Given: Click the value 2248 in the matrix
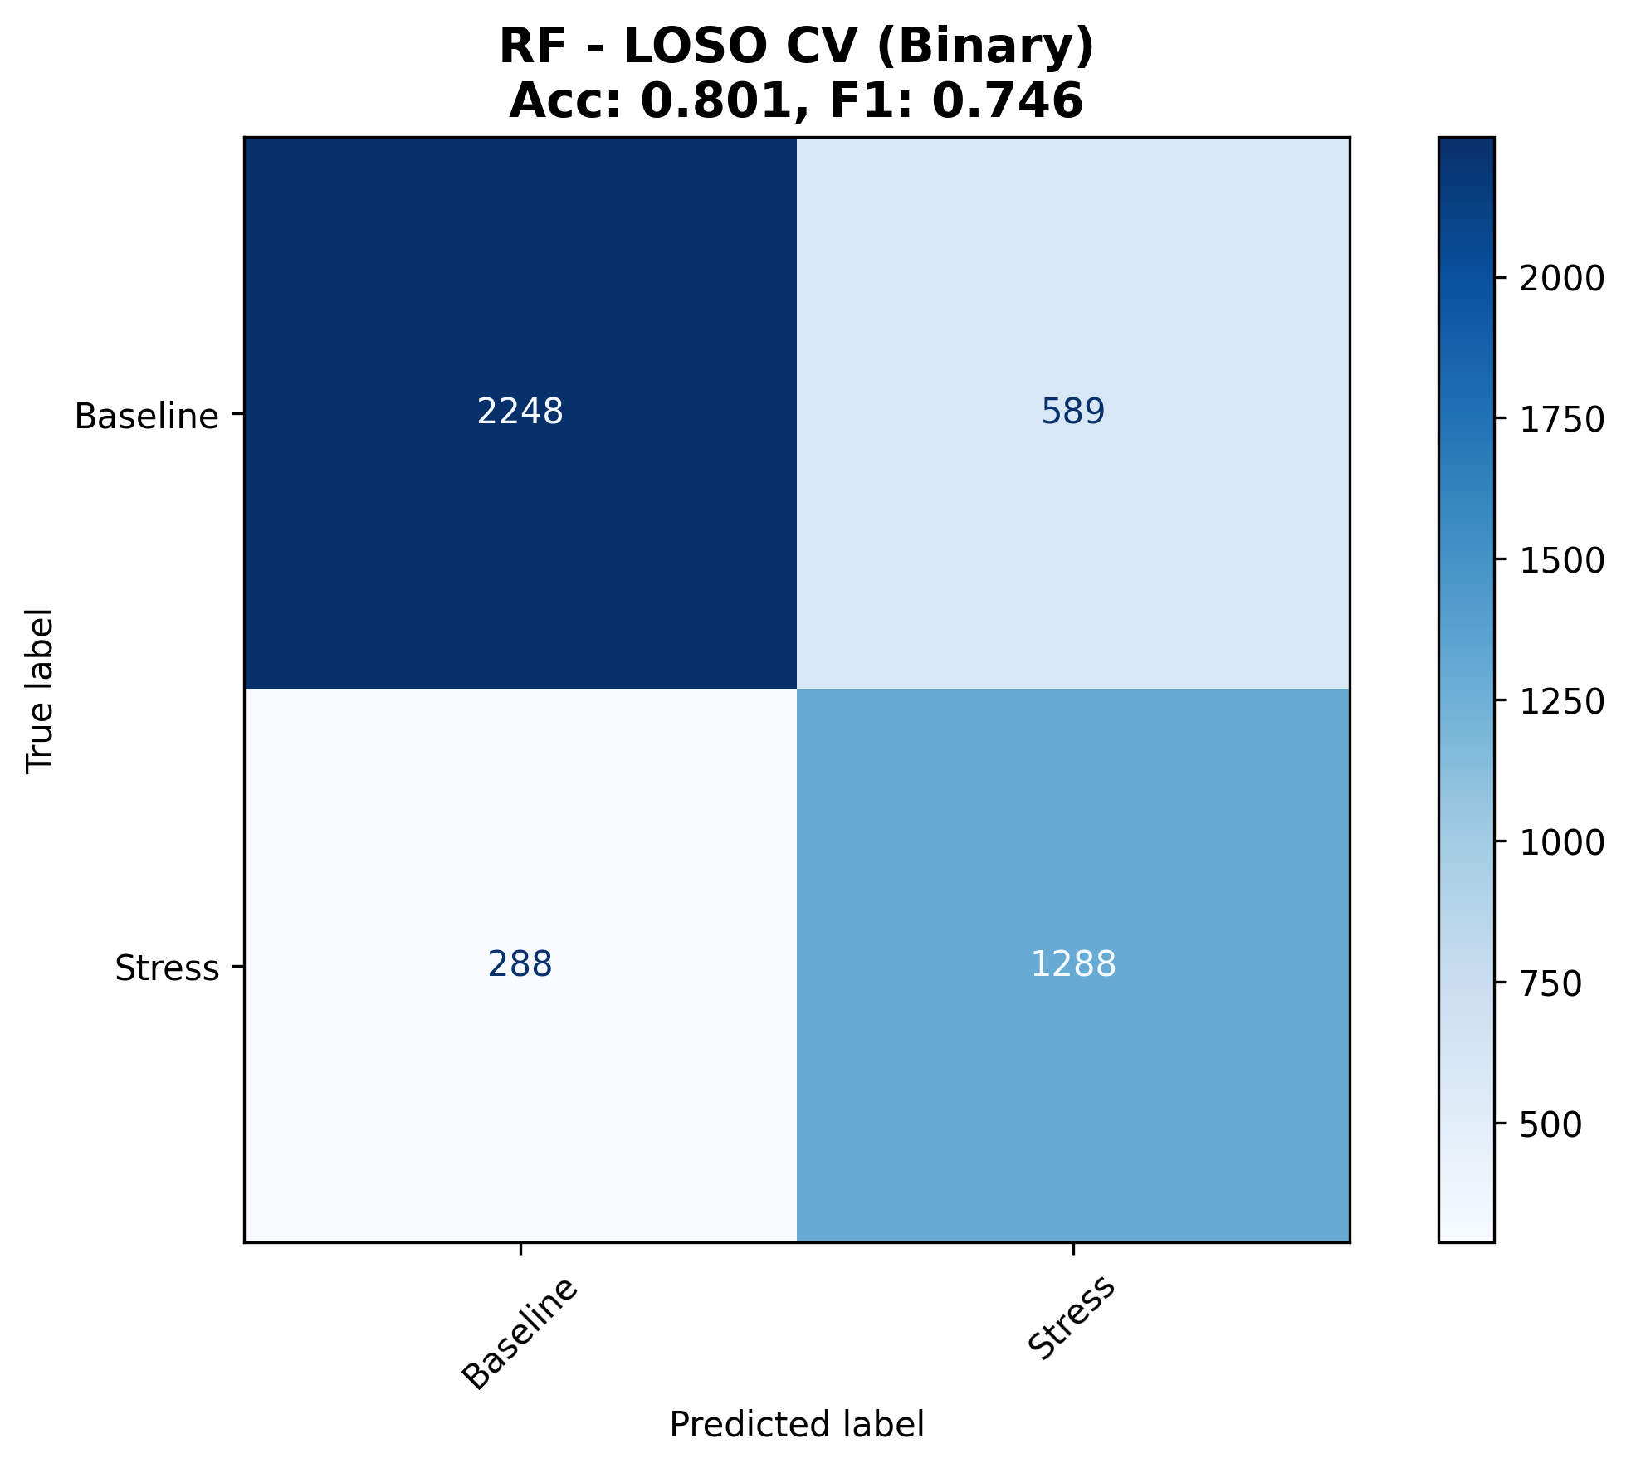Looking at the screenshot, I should pos(520,412).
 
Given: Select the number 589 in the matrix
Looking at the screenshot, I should pos(1073,412).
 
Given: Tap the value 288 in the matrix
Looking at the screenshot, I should pos(520,964).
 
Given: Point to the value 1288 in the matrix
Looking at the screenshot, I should pos(1073,964).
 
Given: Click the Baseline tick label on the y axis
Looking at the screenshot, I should pos(147,416).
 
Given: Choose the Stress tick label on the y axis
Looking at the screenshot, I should pos(167,968).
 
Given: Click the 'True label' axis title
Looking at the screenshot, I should pos(40,690).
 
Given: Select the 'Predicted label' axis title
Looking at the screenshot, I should pos(797,1425).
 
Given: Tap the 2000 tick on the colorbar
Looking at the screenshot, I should pos(1561,279).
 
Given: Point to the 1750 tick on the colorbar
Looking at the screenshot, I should pos(1561,420).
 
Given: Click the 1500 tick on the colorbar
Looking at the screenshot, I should pos(1561,561).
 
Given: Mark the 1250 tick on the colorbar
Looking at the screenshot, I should pos(1561,702).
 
